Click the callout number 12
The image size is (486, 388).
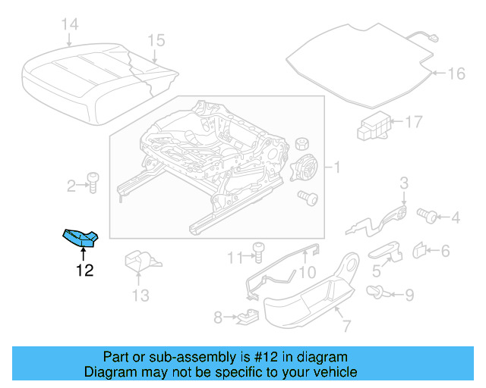pos(84,269)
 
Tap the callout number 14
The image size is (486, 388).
pos(69,25)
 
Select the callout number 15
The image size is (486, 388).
pos(156,40)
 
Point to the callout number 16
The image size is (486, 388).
pos(455,74)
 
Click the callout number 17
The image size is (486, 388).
pos(412,121)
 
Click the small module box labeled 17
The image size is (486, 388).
pos(374,125)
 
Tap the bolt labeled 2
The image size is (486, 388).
pos(93,183)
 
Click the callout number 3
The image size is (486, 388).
pos(404,182)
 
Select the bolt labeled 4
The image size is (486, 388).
pos(430,217)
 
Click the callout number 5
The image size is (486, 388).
pos(377,268)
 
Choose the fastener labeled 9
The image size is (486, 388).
pos(375,292)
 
